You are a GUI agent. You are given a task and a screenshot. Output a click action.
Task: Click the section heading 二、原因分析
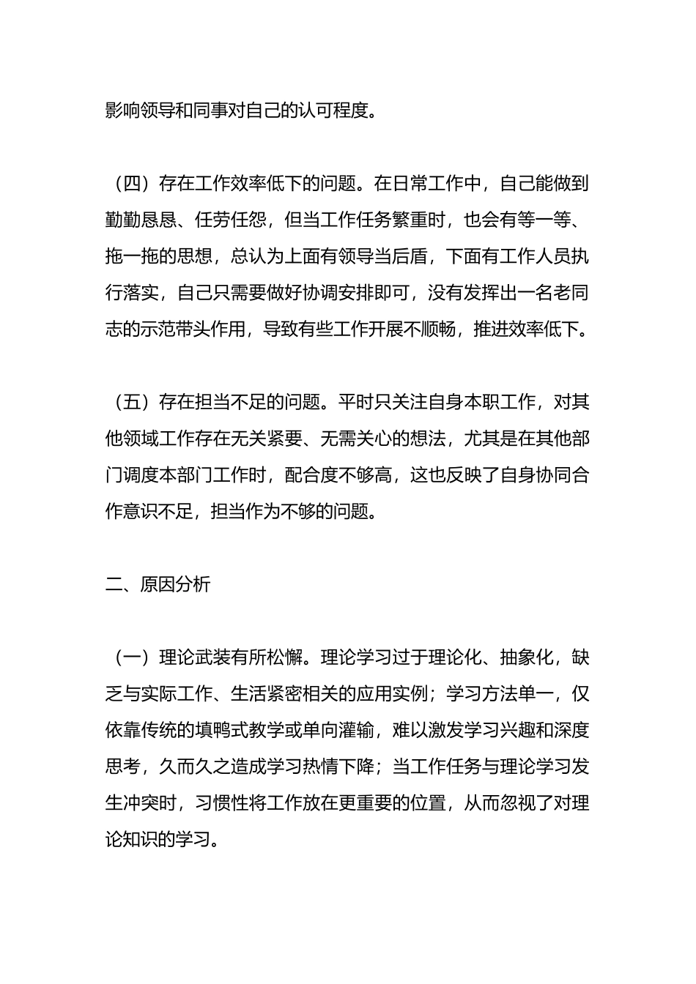point(158,584)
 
